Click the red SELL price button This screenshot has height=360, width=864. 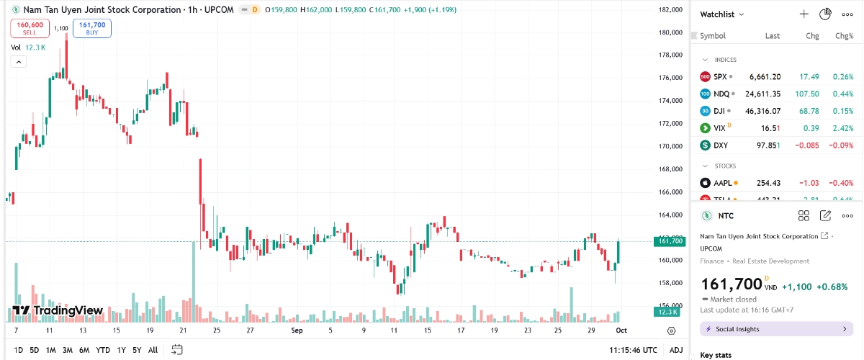pos(29,28)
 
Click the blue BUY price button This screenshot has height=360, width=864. pos(92,28)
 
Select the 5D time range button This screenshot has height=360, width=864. pos(35,350)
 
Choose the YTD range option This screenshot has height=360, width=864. pos(103,350)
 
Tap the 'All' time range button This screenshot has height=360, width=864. pos(153,350)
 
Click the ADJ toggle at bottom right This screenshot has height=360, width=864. pos(676,350)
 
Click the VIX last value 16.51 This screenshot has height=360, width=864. pos(772,128)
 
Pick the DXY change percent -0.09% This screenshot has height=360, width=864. pos(840,145)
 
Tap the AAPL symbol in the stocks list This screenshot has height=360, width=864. pos(722,183)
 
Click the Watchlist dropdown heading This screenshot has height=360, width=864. pos(722,14)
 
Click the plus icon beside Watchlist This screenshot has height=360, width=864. pos(804,14)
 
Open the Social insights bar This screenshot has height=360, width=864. pos(776,329)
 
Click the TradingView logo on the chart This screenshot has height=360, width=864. pos(58,311)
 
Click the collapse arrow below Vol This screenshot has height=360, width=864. pos(18,62)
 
